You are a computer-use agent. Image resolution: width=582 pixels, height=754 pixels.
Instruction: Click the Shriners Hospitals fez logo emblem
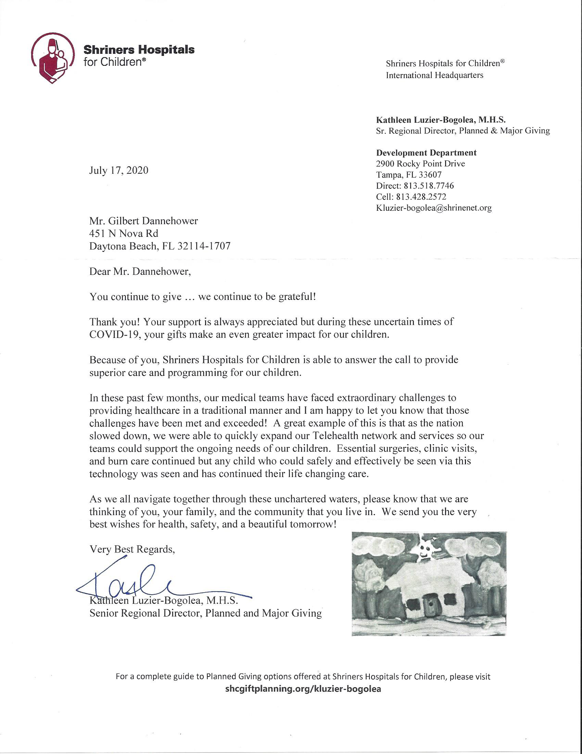(x=52, y=58)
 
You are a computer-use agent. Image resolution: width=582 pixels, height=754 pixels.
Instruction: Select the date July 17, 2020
(x=118, y=170)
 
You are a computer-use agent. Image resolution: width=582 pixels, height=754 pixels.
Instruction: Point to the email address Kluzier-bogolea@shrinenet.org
(x=434, y=208)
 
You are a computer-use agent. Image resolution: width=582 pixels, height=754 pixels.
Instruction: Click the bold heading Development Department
(x=426, y=153)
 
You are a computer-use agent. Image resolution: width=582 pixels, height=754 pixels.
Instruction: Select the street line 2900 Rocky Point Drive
(x=420, y=163)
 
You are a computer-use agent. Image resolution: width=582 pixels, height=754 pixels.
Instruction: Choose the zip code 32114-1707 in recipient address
(x=204, y=246)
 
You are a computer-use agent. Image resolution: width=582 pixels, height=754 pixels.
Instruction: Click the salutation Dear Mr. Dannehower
(x=140, y=271)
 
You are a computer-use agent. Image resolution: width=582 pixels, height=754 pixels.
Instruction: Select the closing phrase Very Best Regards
(x=132, y=549)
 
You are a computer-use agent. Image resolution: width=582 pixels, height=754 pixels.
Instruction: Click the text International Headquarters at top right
(x=434, y=75)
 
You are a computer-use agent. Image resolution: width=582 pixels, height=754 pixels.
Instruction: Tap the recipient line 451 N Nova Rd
(x=124, y=233)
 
